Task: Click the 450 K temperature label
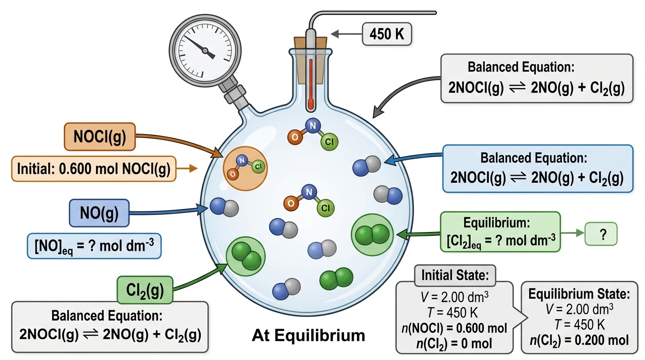pyautogui.click(x=387, y=34)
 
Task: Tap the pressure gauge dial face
pyautogui.click(x=205, y=51)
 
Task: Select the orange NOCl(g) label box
pyautogui.click(x=100, y=136)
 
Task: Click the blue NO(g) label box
pyautogui.click(x=99, y=213)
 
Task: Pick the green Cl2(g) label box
pyautogui.click(x=145, y=290)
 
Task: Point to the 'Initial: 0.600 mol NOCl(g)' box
pyautogui.click(x=94, y=169)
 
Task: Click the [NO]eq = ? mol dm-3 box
pyautogui.click(x=94, y=246)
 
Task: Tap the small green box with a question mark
pyautogui.click(x=601, y=234)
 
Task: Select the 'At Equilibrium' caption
pyautogui.click(x=308, y=336)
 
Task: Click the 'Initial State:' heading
pyautogui.click(x=455, y=275)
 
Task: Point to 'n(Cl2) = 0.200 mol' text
pyautogui.click(x=579, y=340)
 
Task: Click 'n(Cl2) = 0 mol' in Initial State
pyautogui.click(x=454, y=344)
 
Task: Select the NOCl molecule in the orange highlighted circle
pyautogui.click(x=246, y=168)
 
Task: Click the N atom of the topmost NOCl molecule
pyautogui.click(x=313, y=126)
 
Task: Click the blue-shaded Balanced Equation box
pyautogui.click(x=538, y=168)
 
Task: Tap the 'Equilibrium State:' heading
pyautogui.click(x=579, y=294)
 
